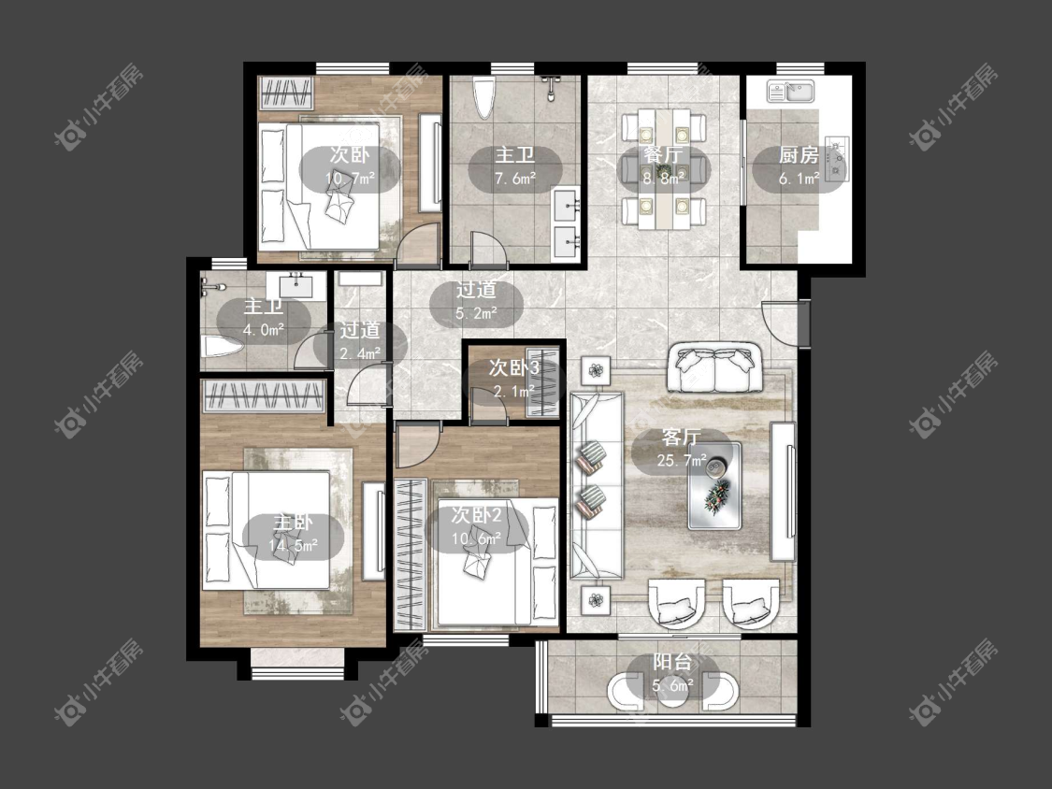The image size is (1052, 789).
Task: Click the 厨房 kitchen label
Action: tap(799, 156)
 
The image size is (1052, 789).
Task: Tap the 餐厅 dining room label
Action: tap(663, 155)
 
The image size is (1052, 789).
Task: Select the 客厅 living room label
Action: tap(681, 438)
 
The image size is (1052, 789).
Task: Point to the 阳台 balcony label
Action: tap(672, 662)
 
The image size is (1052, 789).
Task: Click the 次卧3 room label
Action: tap(514, 367)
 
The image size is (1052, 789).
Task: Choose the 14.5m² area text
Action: tap(294, 545)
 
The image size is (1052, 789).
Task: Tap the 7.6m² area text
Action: tap(514, 179)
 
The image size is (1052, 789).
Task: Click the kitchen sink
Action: tap(791, 92)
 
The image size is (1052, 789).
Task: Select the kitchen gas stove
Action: tap(837, 159)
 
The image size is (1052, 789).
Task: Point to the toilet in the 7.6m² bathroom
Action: tap(483, 98)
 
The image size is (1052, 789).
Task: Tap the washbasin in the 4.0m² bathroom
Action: tap(295, 286)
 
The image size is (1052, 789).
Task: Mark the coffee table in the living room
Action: tap(714, 486)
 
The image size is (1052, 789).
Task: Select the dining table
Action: tap(663, 167)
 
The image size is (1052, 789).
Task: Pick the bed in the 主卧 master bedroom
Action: tap(267, 530)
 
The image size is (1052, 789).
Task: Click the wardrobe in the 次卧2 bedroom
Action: tap(411, 553)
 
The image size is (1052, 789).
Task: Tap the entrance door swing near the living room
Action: tap(780, 324)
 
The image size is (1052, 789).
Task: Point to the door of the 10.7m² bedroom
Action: tap(417, 242)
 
